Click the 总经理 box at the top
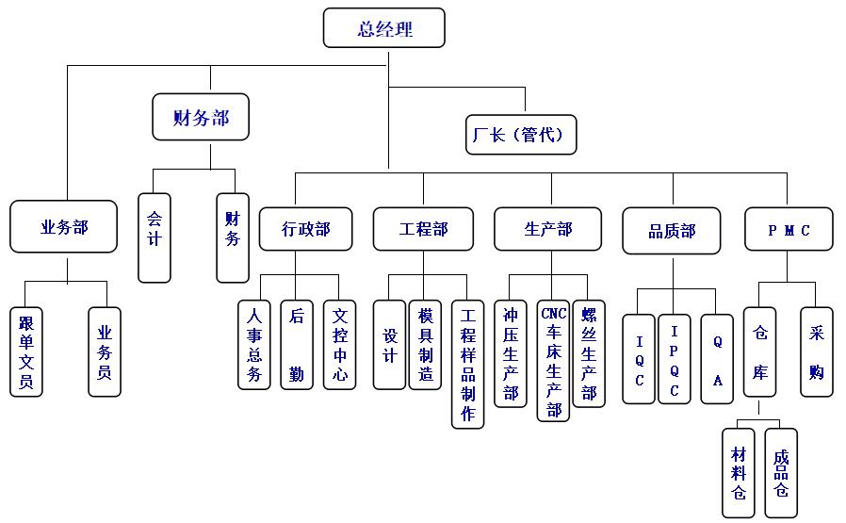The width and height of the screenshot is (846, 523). click(x=383, y=28)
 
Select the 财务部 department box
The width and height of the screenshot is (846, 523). click(x=201, y=118)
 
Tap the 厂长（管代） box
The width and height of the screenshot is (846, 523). click(x=520, y=135)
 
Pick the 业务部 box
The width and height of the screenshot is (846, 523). click(x=64, y=226)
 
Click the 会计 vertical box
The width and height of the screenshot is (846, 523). click(x=155, y=237)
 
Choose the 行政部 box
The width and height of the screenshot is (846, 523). click(x=306, y=229)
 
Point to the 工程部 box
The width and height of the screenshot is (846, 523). click(x=423, y=229)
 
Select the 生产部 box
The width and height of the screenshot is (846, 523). click(x=547, y=229)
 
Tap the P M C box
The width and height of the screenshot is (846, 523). click(x=789, y=229)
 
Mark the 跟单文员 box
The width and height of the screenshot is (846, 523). click(x=26, y=351)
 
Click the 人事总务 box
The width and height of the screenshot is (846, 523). click(x=253, y=344)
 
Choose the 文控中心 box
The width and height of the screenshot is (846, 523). click(x=339, y=344)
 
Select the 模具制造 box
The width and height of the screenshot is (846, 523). click(x=425, y=344)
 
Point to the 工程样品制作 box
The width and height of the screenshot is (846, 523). click(x=467, y=364)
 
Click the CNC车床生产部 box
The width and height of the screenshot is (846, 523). click(x=553, y=360)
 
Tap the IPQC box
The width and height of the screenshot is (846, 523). click(x=675, y=359)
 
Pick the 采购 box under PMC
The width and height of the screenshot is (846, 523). click(x=816, y=351)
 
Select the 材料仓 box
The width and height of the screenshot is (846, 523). click(x=739, y=472)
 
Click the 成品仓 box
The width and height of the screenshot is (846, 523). click(x=780, y=472)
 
